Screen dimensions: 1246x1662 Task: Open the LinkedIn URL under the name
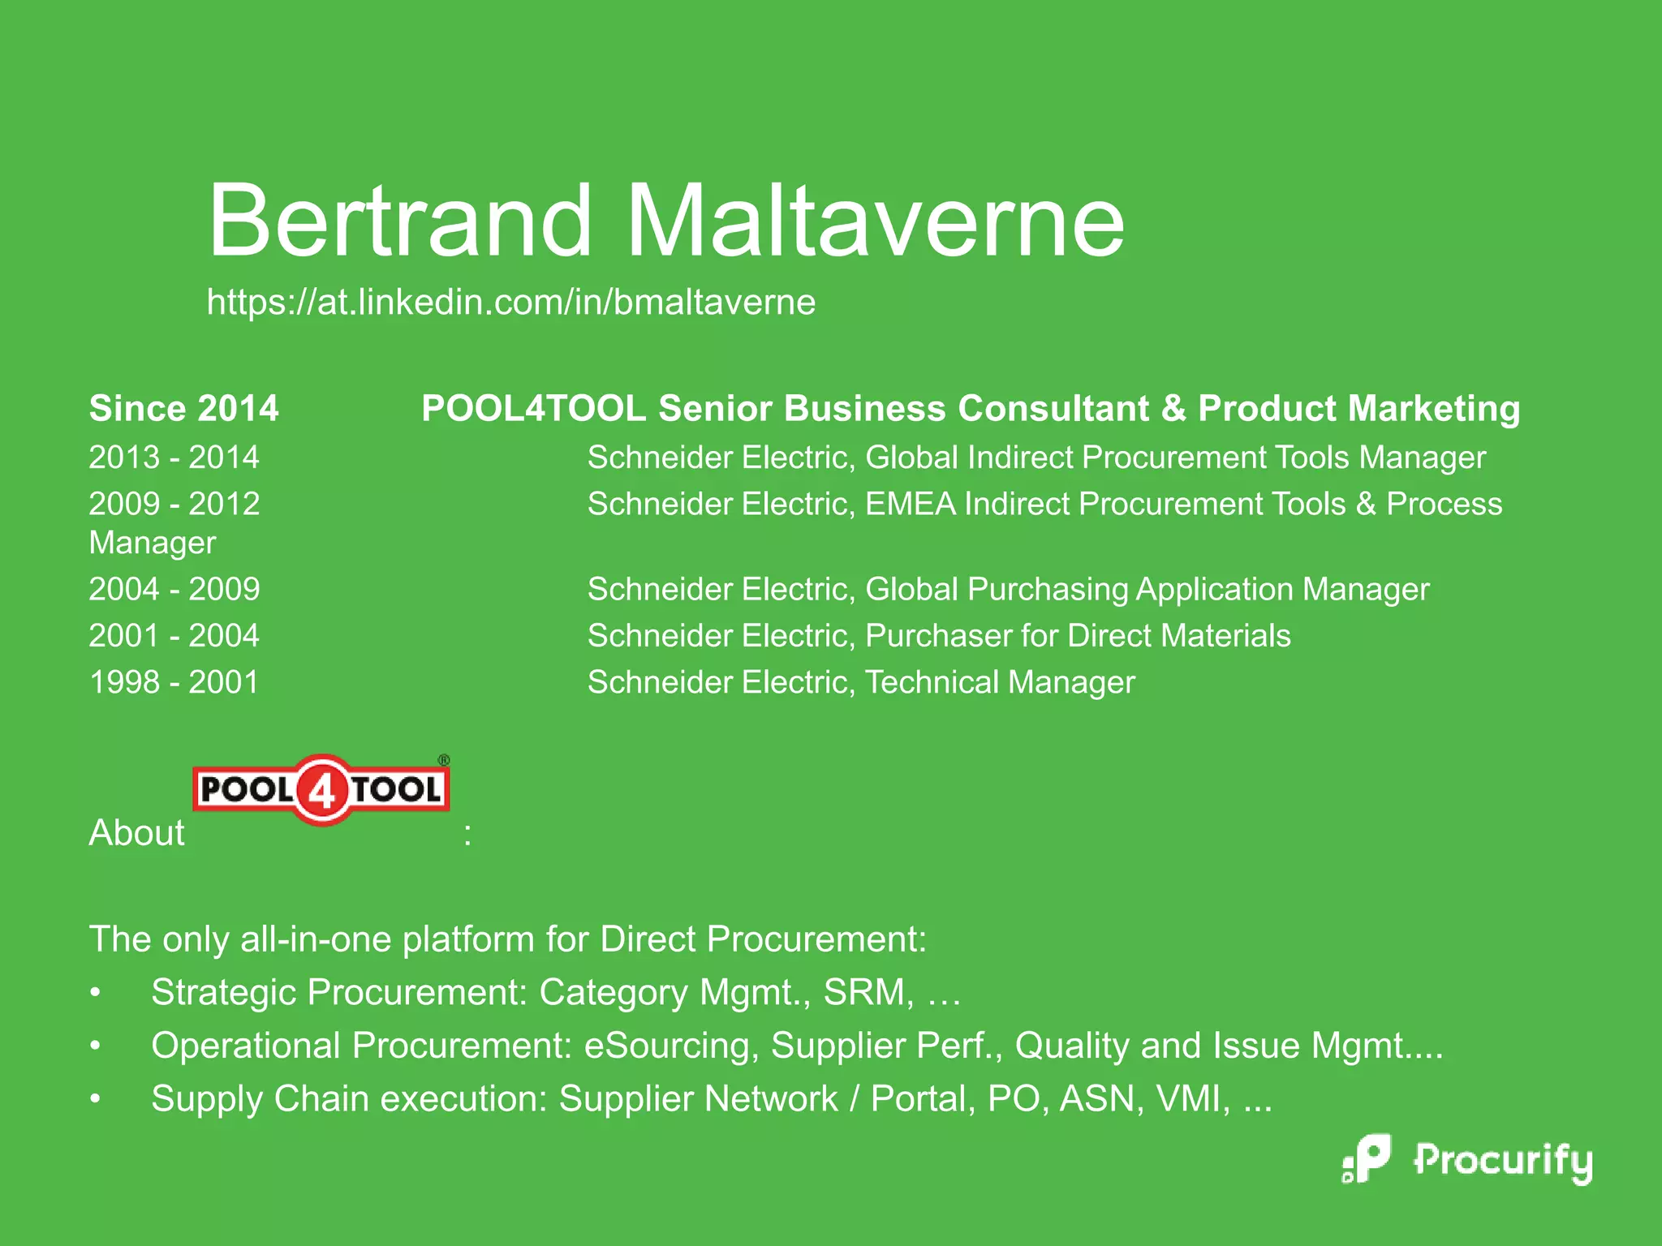[x=510, y=303]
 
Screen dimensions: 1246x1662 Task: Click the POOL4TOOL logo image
[x=321, y=789]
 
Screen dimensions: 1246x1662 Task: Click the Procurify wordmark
[x=1502, y=1160]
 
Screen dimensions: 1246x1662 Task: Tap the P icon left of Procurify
[x=1369, y=1158]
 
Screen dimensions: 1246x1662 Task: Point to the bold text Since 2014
[x=183, y=408]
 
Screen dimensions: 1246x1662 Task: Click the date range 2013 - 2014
[x=174, y=458]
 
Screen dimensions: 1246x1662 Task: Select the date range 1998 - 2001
[x=174, y=682]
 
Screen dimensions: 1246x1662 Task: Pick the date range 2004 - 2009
[x=174, y=589]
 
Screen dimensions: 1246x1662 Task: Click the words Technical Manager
[x=1000, y=682]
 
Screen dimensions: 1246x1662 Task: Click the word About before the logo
[x=136, y=833]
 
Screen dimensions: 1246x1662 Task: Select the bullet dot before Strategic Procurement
[x=96, y=992]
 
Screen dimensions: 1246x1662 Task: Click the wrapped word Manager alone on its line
[x=152, y=543]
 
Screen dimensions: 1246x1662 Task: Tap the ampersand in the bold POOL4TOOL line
[x=1173, y=408]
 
